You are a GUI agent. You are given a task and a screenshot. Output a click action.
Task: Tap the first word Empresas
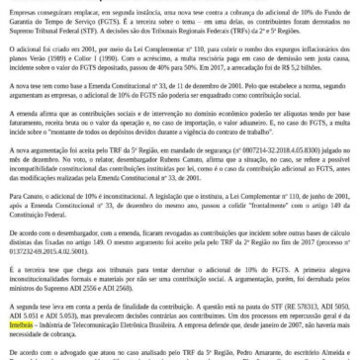pyautogui.click(x=21, y=4)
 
